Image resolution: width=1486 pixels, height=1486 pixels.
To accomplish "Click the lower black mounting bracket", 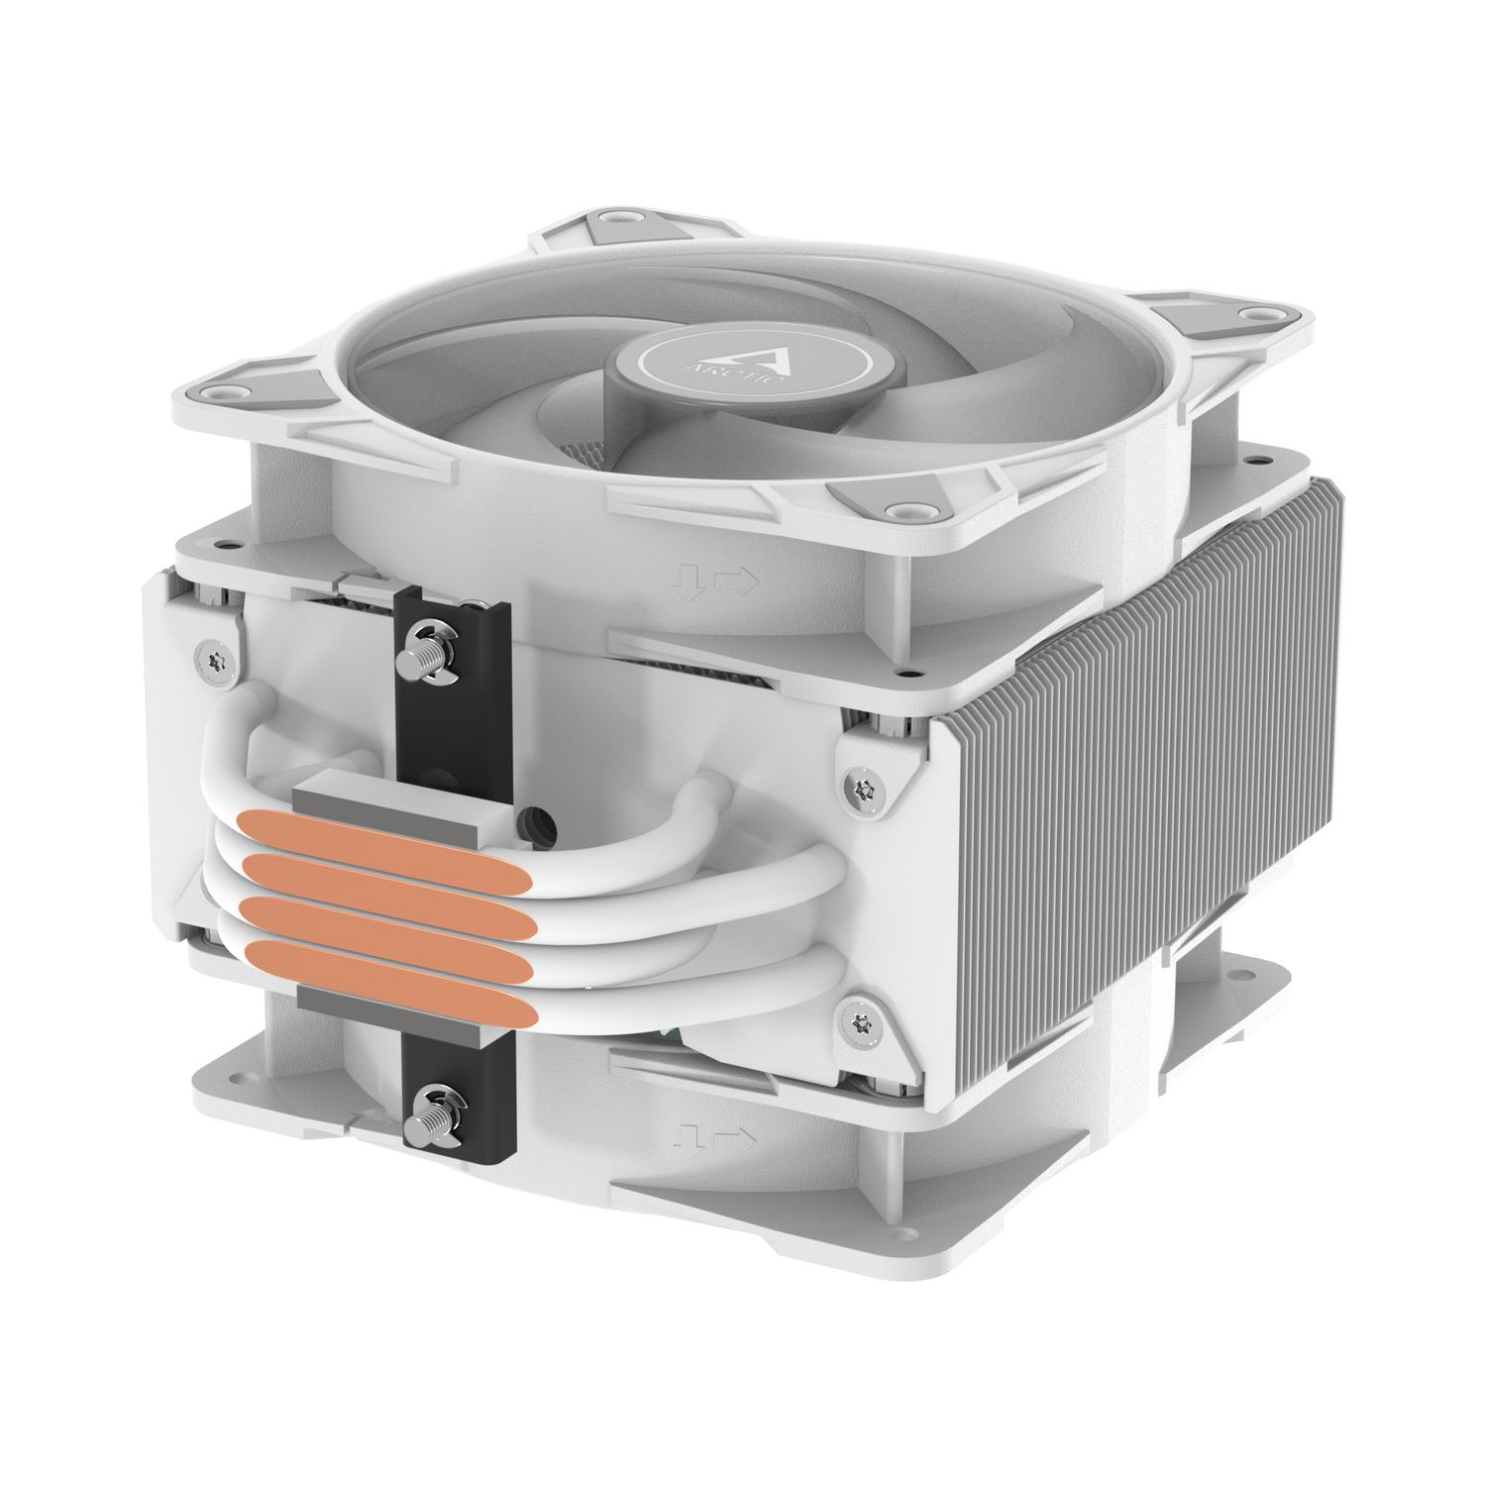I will pos(458,1100).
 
